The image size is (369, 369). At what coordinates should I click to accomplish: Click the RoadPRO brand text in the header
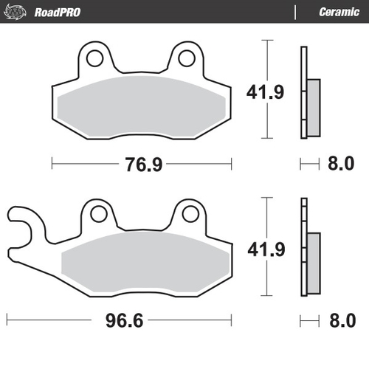[x=57, y=12]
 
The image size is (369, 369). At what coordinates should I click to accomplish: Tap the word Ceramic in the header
[x=339, y=12]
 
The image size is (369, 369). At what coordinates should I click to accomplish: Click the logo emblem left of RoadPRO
[x=16, y=12]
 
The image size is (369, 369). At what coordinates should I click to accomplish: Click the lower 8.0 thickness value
[x=340, y=321]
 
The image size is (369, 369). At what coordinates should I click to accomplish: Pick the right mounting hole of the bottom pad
[x=189, y=214]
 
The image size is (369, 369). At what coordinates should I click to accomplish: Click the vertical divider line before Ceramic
[x=295, y=12]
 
